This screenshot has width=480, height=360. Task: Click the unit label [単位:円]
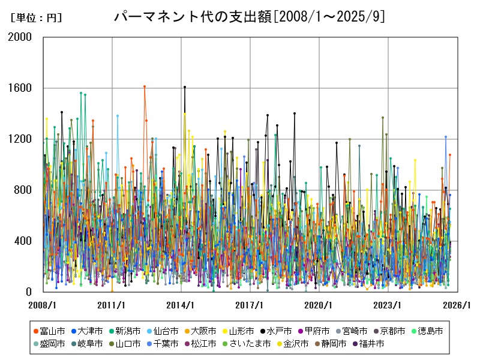(x=36, y=18)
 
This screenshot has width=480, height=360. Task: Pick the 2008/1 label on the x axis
(x=43, y=305)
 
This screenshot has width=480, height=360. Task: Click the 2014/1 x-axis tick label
(x=181, y=305)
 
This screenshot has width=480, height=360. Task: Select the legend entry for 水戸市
(x=280, y=331)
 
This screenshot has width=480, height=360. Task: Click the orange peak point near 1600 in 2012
(x=145, y=86)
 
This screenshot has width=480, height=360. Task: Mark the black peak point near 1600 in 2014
(x=185, y=87)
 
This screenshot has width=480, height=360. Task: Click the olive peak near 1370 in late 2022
(x=383, y=118)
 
